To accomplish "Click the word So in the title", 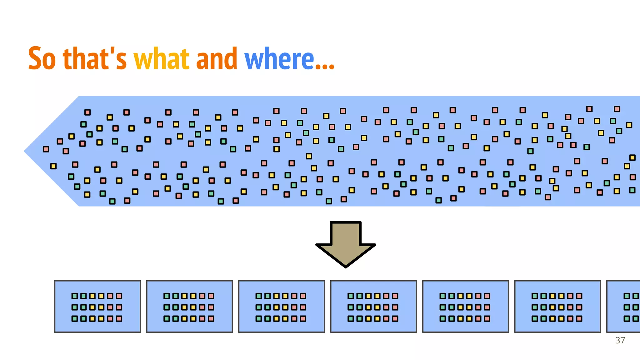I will [x=42, y=58].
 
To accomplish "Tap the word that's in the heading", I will [x=95, y=58].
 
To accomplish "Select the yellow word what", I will [x=161, y=58].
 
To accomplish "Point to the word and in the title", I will [x=217, y=58].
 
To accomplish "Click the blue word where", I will [x=279, y=58].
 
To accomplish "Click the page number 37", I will [x=620, y=340].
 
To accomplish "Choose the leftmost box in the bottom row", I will [x=97, y=307].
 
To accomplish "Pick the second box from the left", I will [x=189, y=307].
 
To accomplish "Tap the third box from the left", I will [x=282, y=307].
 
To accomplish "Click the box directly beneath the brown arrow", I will [x=373, y=307].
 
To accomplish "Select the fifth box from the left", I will [x=466, y=307].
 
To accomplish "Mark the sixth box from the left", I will [x=557, y=307].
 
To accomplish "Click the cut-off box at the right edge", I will [x=623, y=307].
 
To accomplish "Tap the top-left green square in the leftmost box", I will [x=75, y=296].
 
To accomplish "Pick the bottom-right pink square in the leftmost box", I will [x=119, y=319].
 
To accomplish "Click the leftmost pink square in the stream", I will [x=46, y=149].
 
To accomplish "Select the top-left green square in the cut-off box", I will [x=627, y=296].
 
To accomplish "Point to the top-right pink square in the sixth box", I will [x=579, y=296].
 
